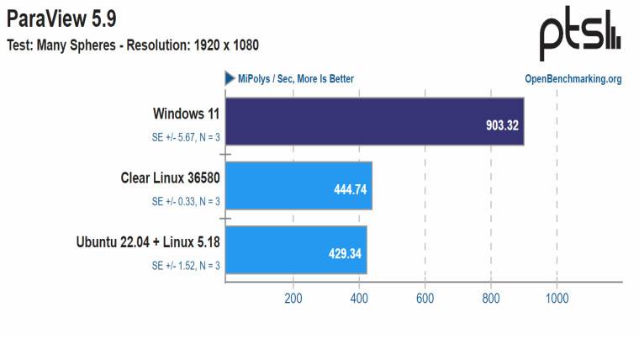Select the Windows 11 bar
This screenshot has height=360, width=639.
coord(374,121)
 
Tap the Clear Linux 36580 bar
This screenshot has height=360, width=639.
coord(298,185)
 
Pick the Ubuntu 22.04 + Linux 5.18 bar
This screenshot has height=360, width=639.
coord(295,249)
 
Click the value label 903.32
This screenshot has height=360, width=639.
coord(503,125)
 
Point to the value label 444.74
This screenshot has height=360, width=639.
coord(351,189)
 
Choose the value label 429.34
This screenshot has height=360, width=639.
coord(346,253)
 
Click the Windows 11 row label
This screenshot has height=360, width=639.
coord(187,114)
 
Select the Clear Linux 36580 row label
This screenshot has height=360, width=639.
coord(171,177)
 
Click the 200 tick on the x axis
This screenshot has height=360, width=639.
coord(293,298)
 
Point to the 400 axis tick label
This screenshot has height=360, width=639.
coord(359,298)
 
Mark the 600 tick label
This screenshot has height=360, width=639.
coord(425,298)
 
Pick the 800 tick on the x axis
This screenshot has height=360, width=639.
coord(491,298)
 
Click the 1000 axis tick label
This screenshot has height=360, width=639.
coord(557,298)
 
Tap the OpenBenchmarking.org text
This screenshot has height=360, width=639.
coord(573,79)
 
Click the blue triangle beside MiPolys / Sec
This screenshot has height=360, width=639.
coord(229,78)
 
